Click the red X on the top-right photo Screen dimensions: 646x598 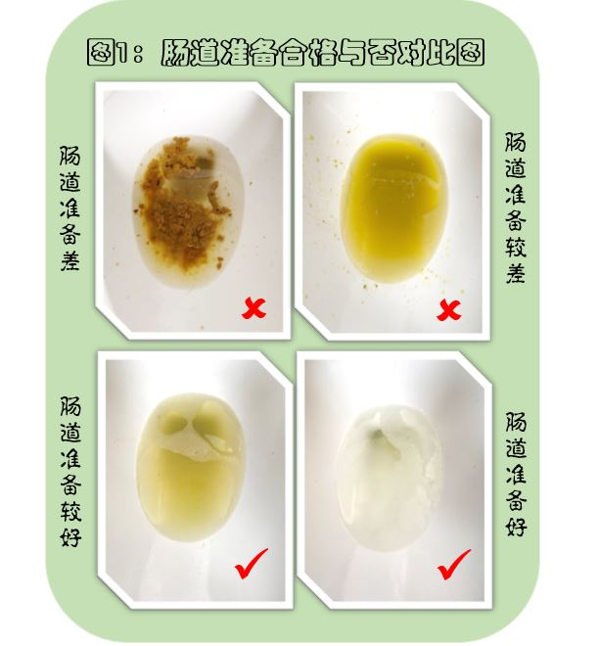tap(448, 311)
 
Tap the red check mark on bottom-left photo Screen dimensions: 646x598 tap(252, 565)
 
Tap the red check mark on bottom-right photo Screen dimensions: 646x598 tap(453, 565)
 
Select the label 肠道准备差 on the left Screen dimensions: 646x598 tap(69, 209)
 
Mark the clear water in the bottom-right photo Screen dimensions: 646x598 tap(387, 480)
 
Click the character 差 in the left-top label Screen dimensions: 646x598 tap(69, 261)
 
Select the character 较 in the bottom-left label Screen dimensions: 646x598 tap(69, 511)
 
